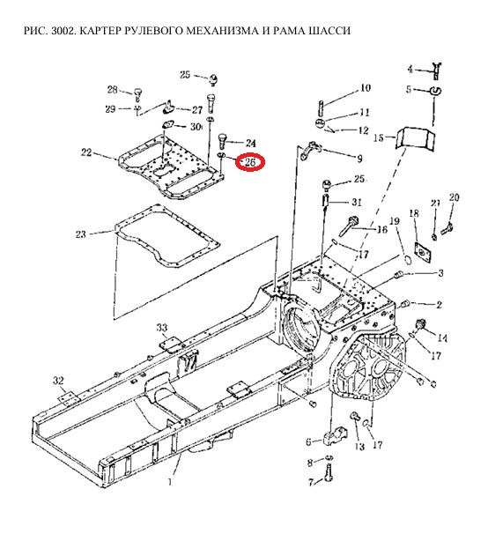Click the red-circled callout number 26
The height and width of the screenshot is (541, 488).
[250, 162]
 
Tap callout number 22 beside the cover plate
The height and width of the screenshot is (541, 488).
[85, 152]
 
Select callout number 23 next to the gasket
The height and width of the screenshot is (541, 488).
[81, 234]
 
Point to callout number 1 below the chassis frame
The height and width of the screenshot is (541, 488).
[170, 481]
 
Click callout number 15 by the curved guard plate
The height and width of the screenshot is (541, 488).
[378, 138]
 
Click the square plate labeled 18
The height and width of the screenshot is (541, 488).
[423, 253]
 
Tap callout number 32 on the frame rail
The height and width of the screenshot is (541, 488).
[58, 381]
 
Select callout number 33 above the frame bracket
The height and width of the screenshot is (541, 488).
[162, 328]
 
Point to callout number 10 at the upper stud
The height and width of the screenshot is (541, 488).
[366, 88]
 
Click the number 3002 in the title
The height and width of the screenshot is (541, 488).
[62, 31]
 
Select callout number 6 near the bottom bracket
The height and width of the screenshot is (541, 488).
[308, 441]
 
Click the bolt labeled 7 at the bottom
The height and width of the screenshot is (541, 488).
[329, 472]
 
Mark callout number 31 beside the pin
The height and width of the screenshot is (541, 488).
[356, 202]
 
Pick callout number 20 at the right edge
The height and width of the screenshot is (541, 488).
[454, 197]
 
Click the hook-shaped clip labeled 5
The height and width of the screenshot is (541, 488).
[436, 91]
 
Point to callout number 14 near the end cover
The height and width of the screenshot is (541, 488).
[442, 337]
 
